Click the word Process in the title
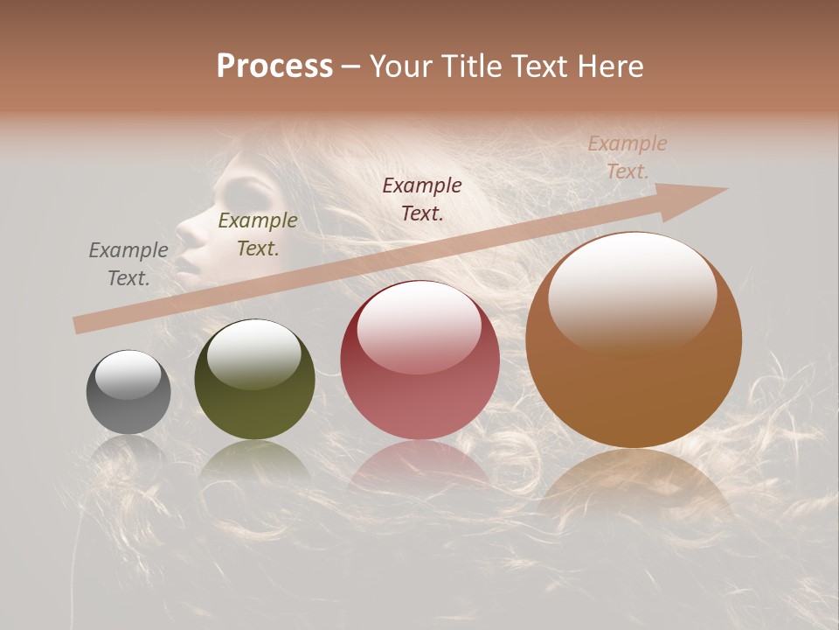pyautogui.click(x=274, y=66)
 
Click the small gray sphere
pyautogui.click(x=128, y=392)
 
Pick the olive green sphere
pyautogui.click(x=254, y=379)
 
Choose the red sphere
pyautogui.click(x=419, y=360)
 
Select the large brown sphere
pyautogui.click(x=634, y=341)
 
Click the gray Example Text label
pyautogui.click(x=128, y=264)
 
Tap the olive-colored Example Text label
pyautogui.click(x=257, y=234)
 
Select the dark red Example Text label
pyautogui.click(x=422, y=199)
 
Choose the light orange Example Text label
pyautogui.click(x=628, y=157)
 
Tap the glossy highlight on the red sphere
pyautogui.click(x=419, y=324)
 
